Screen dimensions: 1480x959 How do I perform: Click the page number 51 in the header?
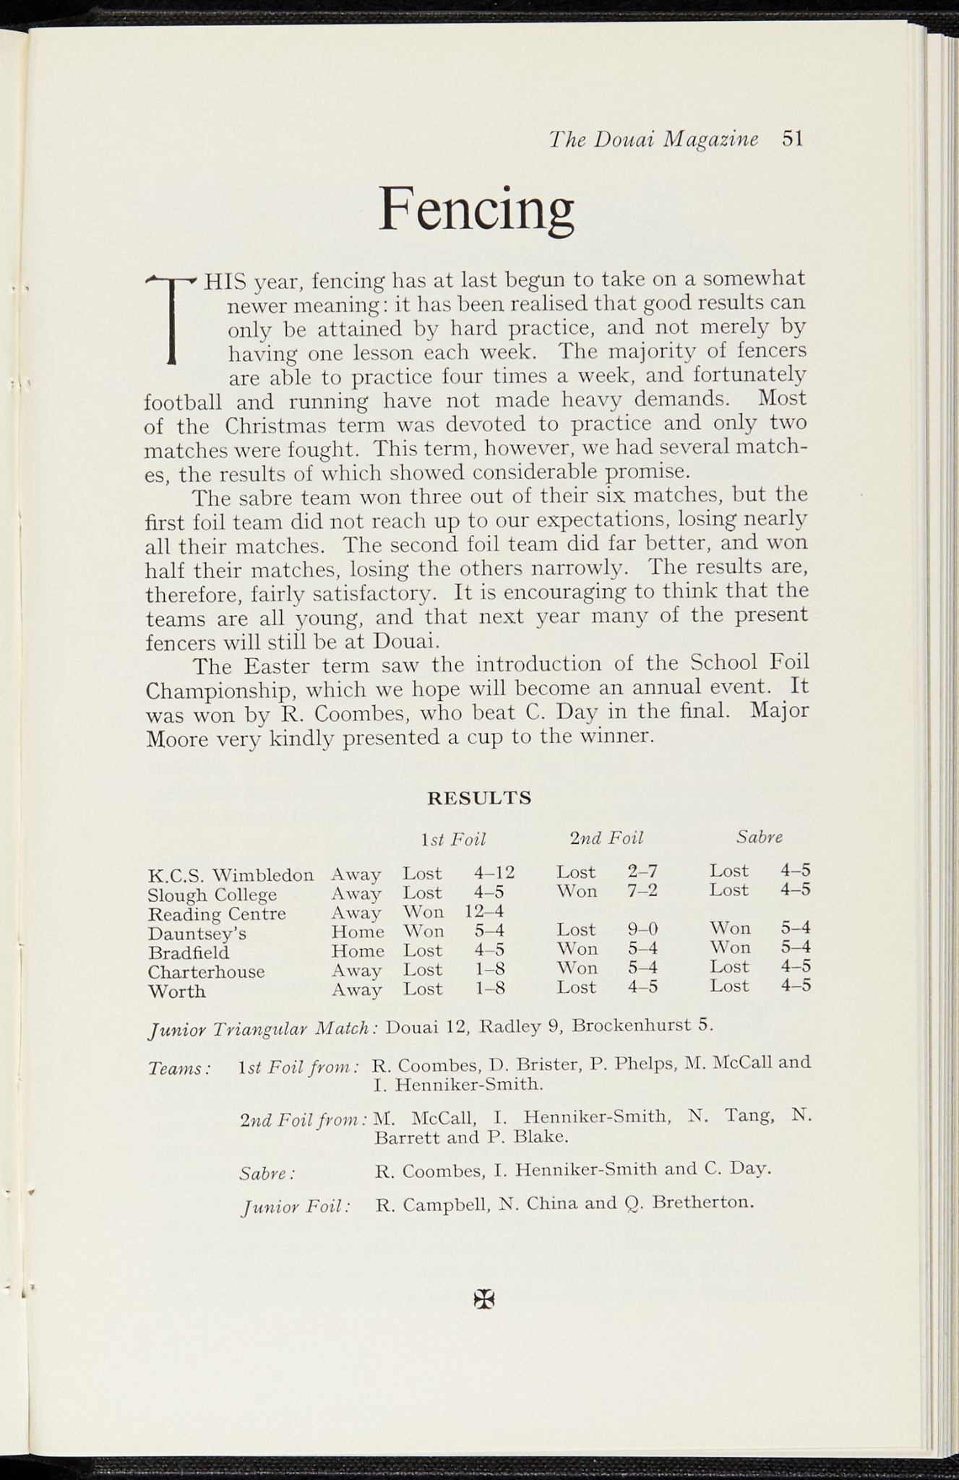[x=793, y=139]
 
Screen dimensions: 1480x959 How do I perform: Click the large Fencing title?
[x=477, y=209]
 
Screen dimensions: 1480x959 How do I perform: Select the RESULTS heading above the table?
[x=480, y=798]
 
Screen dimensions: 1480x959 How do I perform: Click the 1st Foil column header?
[x=453, y=839]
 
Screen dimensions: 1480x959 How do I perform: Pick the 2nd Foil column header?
[x=606, y=838]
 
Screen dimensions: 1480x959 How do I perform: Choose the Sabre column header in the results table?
[x=760, y=837]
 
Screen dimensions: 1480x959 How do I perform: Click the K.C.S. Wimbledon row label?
[x=231, y=876]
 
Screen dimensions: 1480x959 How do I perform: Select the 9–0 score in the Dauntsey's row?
[x=642, y=929]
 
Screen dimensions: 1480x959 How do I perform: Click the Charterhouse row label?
[x=207, y=972]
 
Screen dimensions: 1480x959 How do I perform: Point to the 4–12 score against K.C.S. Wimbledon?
[x=494, y=872]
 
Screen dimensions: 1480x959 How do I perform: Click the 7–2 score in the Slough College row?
[x=642, y=890]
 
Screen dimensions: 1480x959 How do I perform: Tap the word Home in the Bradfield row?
[x=358, y=951]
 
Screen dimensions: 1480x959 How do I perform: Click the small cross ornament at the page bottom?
[x=483, y=1299]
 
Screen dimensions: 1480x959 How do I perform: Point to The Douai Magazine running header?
[x=653, y=139]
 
